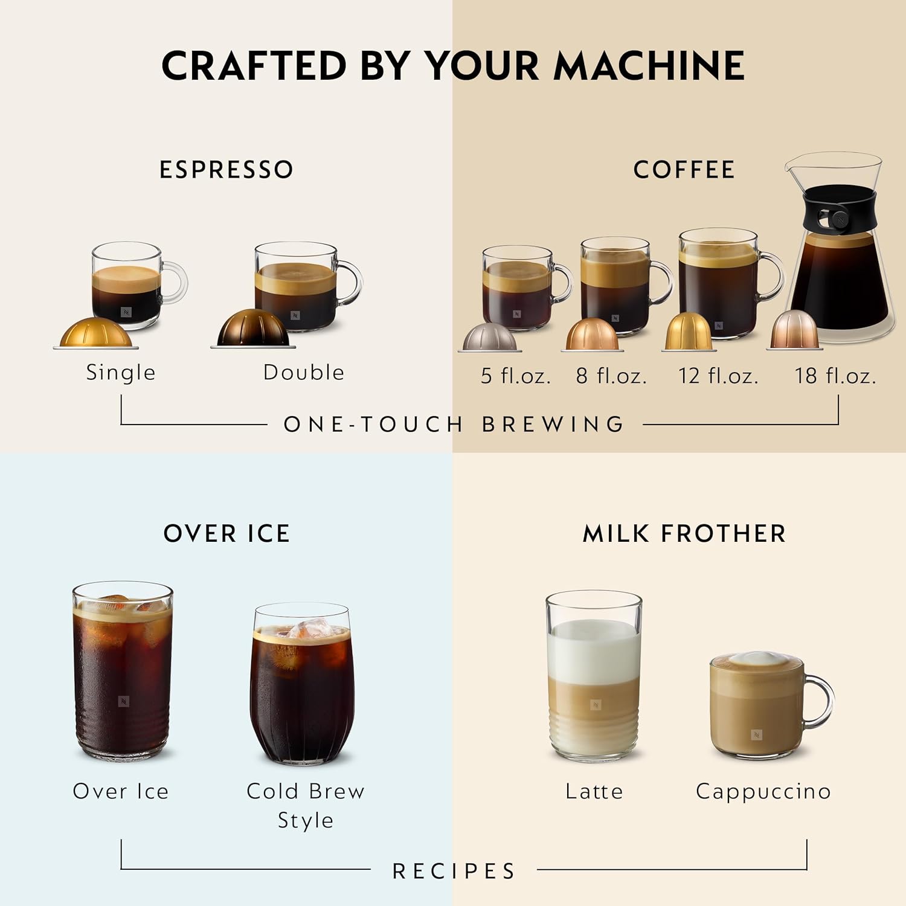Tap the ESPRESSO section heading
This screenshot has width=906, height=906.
226,170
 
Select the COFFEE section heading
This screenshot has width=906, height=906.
684,170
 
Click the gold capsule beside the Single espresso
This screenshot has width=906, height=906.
95,332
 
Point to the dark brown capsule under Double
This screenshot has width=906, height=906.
252,329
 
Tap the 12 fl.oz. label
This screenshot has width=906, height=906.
718,376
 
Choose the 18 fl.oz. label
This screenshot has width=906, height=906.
835,376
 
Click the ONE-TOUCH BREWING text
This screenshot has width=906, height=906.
454,424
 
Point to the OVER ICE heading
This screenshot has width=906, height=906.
226,534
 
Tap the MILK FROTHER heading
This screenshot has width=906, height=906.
684,534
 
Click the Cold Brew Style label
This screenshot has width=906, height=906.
306,805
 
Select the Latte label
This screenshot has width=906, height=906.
594,791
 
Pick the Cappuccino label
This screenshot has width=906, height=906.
763,791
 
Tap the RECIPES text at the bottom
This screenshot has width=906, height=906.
454,871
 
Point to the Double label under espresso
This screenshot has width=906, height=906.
304,372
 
